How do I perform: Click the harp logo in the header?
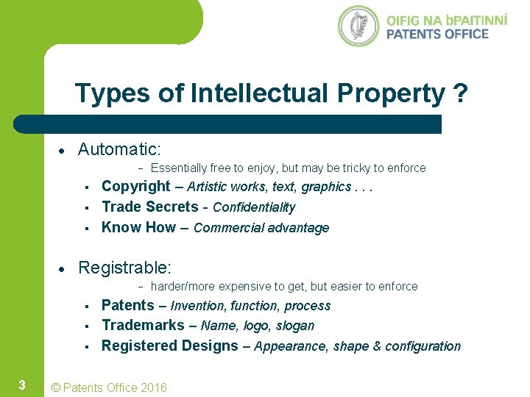pyautogui.click(x=358, y=26)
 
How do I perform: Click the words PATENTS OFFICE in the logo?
pyautogui.click(x=437, y=34)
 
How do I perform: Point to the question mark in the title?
pyautogui.click(x=461, y=93)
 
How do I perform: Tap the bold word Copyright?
pyautogui.click(x=136, y=187)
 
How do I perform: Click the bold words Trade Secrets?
pyautogui.click(x=150, y=207)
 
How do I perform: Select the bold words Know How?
pyautogui.click(x=138, y=228)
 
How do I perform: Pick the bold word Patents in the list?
pyautogui.click(x=128, y=305)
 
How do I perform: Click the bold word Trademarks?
pyautogui.click(x=143, y=326)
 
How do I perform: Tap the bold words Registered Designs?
pyautogui.click(x=170, y=346)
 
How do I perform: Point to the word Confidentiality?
pyautogui.click(x=254, y=208)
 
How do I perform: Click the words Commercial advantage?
pyautogui.click(x=261, y=229)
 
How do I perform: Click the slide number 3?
pyautogui.click(x=22, y=385)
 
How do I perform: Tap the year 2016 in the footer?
pyautogui.click(x=152, y=387)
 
